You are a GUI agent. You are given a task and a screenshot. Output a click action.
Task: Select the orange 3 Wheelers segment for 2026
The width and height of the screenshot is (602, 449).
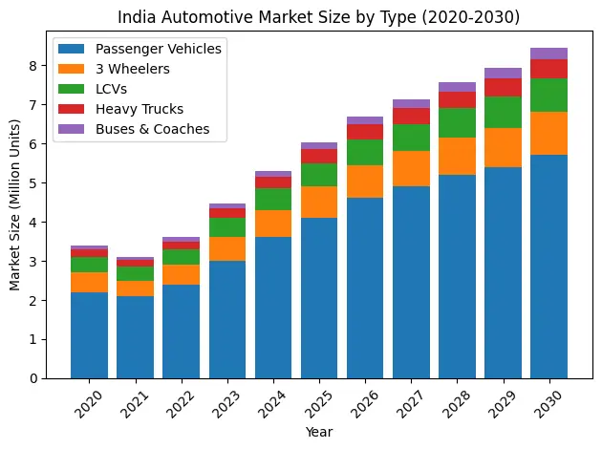365,182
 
